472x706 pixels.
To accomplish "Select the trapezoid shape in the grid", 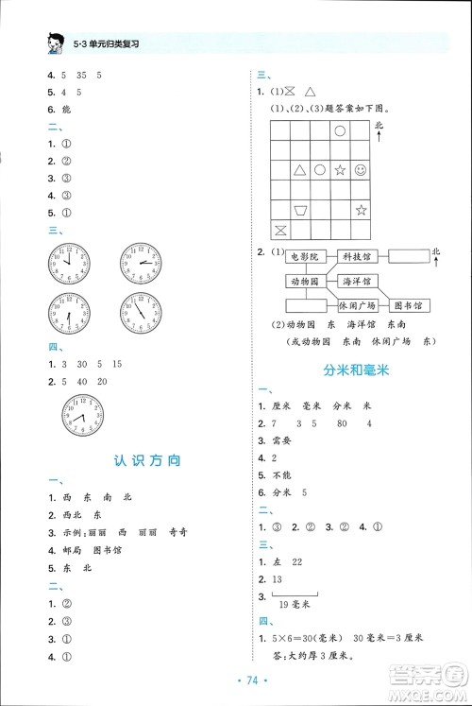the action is (300, 209).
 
